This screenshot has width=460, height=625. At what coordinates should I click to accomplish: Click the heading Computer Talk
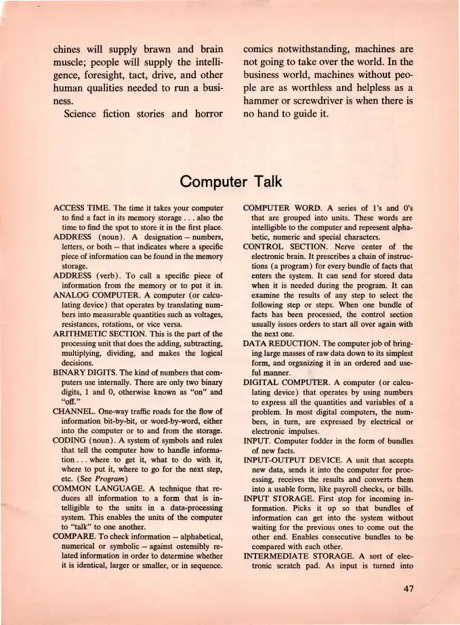click(230, 182)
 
